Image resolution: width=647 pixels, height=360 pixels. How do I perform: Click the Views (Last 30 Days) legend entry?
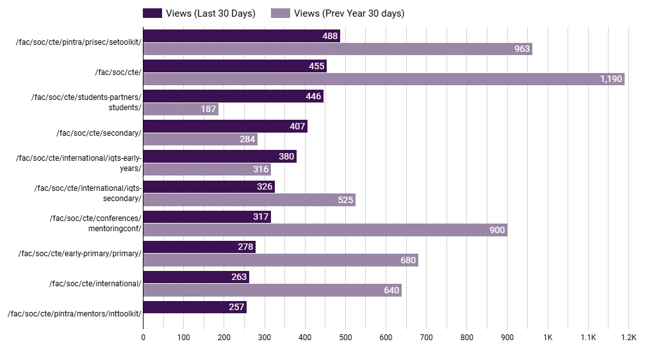pos(199,13)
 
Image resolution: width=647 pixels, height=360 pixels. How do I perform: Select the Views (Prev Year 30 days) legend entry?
pos(338,13)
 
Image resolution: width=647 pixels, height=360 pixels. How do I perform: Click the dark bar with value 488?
pos(241,37)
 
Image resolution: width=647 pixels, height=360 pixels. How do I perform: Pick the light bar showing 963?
pos(337,49)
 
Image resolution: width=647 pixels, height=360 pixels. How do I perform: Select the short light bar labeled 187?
pos(180,110)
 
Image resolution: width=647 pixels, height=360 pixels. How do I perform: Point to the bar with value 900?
pos(325,230)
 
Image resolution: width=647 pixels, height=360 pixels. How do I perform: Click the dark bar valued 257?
pos(195,307)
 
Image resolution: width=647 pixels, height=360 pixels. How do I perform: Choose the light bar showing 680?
pos(280,260)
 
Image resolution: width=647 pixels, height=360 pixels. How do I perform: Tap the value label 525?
pos(345,200)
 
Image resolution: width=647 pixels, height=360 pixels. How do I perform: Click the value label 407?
pos(297,127)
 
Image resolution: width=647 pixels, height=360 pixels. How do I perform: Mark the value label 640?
pos(391,290)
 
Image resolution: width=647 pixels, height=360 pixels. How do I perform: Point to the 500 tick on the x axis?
pos(345,338)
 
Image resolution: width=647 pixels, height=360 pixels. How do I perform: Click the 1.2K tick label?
pos(628,338)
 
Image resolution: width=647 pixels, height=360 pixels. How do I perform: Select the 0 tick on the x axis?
pos(143,338)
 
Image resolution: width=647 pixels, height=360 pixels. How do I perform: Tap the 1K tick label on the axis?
pos(548,338)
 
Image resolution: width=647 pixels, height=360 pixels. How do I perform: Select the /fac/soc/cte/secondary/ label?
pos(99,133)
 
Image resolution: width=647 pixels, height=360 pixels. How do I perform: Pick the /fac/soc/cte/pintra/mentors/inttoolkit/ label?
pos(74,314)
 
